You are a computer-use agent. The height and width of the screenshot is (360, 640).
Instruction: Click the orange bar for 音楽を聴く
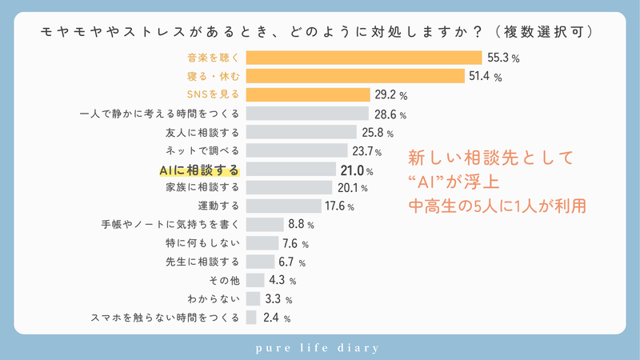364,58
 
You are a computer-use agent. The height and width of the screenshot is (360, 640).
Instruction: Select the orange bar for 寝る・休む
355,76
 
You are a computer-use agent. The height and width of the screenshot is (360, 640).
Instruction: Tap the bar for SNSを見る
308,94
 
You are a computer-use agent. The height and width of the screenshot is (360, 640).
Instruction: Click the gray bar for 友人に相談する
301,132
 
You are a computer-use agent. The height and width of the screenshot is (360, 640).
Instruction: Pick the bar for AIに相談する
291,169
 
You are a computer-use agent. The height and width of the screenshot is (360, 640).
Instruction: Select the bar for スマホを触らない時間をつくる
251,318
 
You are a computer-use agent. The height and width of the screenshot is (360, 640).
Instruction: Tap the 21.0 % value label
357,170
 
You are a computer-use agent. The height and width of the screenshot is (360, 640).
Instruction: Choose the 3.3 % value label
278,300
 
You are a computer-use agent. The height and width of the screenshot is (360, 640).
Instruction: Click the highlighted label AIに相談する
199,170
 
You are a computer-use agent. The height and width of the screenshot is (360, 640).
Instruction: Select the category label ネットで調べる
202,150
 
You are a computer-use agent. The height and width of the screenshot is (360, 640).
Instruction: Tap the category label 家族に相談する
202,188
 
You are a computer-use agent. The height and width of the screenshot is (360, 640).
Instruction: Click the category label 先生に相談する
202,262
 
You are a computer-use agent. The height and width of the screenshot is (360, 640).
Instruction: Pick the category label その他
223,281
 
